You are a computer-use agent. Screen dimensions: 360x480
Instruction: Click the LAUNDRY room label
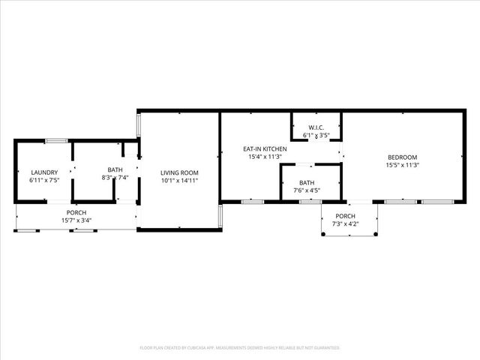43,172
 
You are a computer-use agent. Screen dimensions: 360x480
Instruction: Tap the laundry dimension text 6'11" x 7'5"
43,180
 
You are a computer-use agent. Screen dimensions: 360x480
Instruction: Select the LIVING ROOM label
179,172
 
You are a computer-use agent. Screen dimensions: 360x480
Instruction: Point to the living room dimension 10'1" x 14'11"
179,181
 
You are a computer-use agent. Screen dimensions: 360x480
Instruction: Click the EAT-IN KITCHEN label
265,150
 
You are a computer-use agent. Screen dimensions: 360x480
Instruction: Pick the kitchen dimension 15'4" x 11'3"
265,157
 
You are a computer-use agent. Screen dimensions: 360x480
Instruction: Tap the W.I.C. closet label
316,127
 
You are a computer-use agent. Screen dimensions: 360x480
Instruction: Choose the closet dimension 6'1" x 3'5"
316,136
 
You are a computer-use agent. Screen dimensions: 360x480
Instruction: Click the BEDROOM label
402,157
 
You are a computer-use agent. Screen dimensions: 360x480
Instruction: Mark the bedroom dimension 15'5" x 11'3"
402,165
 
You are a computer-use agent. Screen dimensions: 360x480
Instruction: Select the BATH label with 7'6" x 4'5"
307,182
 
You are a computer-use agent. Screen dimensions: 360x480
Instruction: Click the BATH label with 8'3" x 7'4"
115,169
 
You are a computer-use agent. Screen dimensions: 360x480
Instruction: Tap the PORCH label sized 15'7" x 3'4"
76,212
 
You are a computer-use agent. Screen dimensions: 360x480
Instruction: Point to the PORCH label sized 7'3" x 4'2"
349,217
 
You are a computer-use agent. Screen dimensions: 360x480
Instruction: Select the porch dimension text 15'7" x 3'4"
76,220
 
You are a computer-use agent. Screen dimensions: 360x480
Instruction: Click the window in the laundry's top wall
57,140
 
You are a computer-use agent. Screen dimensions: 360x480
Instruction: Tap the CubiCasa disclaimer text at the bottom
240,348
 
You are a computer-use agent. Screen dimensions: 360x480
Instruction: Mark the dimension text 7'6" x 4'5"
307,190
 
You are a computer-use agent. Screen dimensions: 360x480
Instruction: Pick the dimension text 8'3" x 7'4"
115,178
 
